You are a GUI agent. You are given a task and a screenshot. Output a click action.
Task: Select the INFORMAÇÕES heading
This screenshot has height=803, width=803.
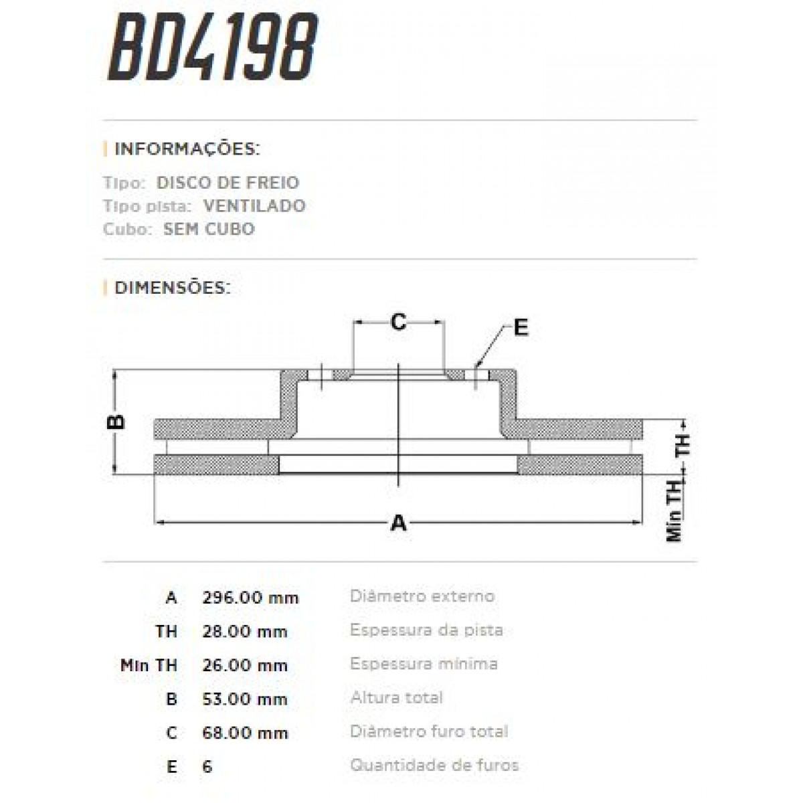point(187,149)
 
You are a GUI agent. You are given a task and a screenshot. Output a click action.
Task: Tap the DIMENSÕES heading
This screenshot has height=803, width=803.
point(172,288)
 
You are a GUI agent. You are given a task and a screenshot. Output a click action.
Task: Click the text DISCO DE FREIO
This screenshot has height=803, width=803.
point(228,183)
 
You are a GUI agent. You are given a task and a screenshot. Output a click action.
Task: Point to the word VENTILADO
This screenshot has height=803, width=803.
point(254,205)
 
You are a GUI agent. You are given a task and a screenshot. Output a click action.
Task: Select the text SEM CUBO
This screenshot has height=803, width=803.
point(209,229)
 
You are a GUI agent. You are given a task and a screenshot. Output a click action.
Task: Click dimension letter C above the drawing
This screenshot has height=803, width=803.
point(398,323)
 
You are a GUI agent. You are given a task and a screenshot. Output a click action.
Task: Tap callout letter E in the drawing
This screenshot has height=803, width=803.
point(520,328)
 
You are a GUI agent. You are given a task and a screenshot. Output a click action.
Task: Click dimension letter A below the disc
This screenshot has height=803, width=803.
point(398,523)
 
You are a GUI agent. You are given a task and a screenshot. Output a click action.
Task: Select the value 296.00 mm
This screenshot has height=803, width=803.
point(250,598)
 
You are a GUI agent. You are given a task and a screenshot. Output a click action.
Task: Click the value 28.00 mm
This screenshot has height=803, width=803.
point(245,632)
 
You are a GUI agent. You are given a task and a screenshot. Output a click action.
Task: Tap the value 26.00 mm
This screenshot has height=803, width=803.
point(245,665)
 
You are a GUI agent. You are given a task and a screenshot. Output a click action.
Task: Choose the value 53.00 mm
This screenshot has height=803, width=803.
point(245,699)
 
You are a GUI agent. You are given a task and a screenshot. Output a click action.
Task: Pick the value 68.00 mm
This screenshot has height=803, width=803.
point(245,733)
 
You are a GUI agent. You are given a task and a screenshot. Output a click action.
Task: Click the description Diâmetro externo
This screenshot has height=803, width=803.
point(422,596)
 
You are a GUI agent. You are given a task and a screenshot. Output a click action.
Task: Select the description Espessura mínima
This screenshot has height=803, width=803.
point(424,664)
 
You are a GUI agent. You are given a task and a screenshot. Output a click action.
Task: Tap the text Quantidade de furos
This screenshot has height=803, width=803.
point(434,766)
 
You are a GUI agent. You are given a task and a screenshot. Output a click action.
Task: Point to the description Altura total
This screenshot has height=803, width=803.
point(396,698)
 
